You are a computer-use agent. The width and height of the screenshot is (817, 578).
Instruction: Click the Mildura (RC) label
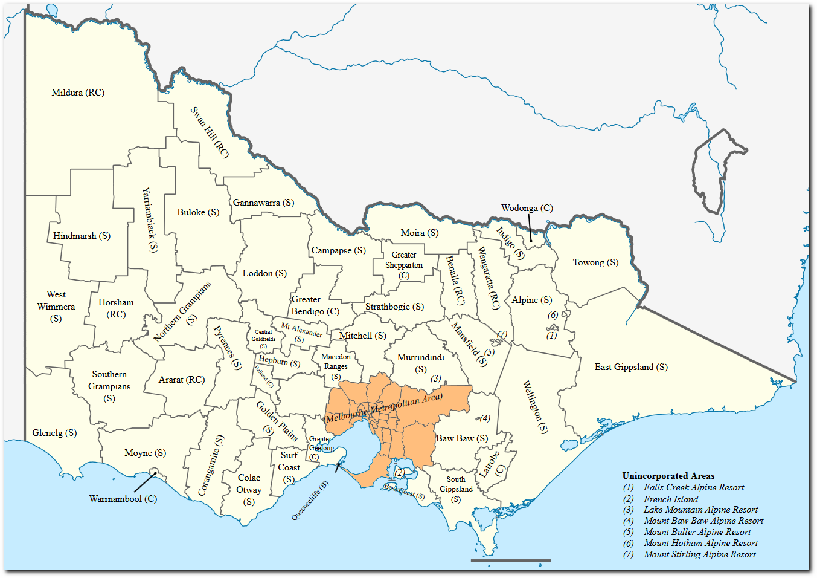(x=78, y=93)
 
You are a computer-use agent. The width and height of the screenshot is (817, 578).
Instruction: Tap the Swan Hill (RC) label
(x=210, y=132)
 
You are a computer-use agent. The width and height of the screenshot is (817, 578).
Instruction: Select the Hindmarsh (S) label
(x=82, y=236)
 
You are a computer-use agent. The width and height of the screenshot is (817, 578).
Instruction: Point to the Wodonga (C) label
(x=527, y=208)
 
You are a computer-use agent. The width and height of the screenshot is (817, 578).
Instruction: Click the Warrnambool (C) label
(x=123, y=499)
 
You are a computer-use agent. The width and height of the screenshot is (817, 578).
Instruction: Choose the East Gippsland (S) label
(x=631, y=367)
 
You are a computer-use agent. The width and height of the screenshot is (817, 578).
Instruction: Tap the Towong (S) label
(x=595, y=262)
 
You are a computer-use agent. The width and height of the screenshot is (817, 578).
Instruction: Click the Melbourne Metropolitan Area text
(x=384, y=408)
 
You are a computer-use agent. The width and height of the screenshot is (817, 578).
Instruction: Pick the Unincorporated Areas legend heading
(x=668, y=476)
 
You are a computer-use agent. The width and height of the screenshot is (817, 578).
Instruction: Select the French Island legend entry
(x=670, y=499)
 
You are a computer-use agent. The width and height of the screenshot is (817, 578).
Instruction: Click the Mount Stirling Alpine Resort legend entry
(x=699, y=554)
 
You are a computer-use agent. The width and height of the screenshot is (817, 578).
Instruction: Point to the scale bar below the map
(x=510, y=560)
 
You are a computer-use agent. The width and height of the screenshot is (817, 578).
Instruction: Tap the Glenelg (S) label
(x=54, y=433)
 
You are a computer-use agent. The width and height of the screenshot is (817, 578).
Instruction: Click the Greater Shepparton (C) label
(x=404, y=265)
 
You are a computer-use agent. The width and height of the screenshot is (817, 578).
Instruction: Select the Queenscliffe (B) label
(x=310, y=501)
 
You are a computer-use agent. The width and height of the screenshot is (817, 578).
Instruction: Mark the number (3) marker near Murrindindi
(x=435, y=378)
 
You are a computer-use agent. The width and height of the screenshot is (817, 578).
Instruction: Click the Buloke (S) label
(x=198, y=212)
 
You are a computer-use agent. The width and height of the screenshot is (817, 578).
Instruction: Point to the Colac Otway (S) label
(x=249, y=490)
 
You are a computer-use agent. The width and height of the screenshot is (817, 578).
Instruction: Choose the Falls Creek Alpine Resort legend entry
(x=693, y=487)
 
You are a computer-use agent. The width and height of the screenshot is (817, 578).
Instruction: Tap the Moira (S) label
(x=420, y=233)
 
